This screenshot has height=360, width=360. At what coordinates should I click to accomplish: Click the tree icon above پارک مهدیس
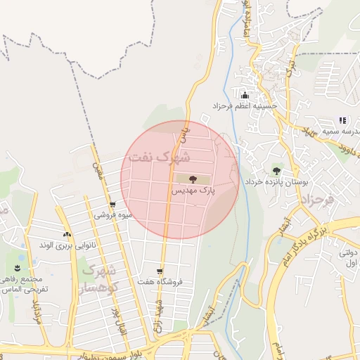(x=193, y=179)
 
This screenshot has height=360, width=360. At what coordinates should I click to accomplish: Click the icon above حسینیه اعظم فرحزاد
(x=245, y=95)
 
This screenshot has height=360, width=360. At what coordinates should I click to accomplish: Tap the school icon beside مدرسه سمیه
(x=342, y=120)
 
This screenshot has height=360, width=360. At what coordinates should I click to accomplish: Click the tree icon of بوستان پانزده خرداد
(x=276, y=170)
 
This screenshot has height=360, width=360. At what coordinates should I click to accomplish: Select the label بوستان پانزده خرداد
(x=276, y=181)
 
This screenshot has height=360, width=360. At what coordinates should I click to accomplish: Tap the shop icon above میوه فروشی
(x=112, y=205)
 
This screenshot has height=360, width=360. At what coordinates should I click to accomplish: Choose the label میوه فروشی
(x=112, y=215)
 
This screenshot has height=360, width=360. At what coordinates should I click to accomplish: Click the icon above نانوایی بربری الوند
(x=67, y=234)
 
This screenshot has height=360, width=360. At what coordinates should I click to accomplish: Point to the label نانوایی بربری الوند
(x=65, y=245)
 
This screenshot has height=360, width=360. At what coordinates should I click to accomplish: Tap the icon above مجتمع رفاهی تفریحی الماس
(x=17, y=268)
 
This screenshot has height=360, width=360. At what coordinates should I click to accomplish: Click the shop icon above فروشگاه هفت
(x=160, y=271)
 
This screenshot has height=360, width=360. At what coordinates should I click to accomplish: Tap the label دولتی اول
(x=349, y=258)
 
